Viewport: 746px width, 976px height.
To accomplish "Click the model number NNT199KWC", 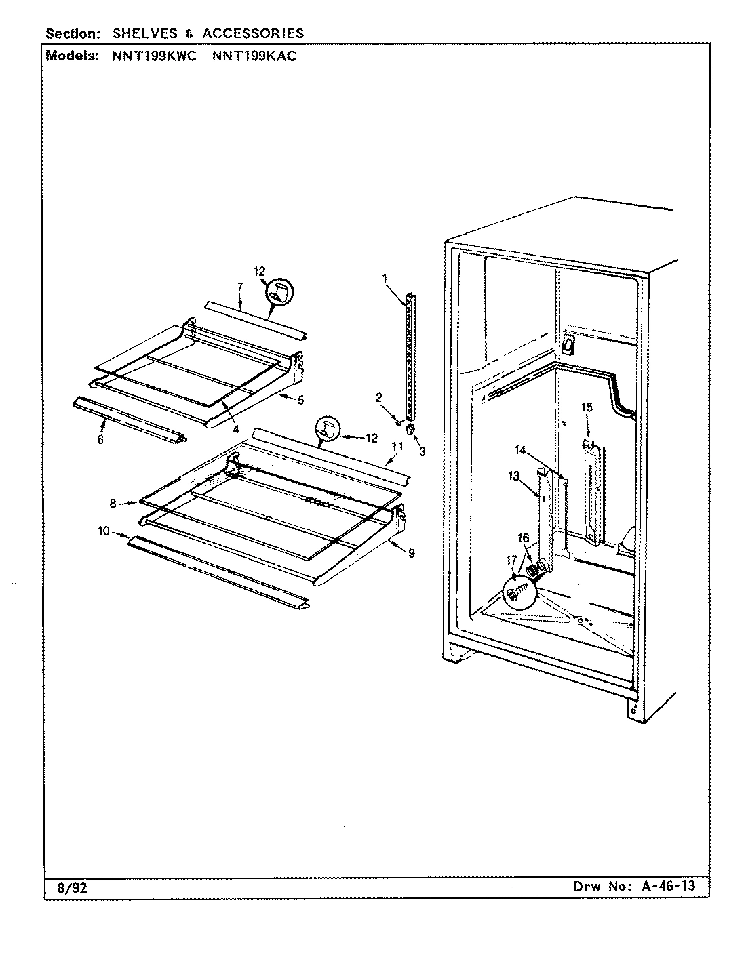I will (154, 56).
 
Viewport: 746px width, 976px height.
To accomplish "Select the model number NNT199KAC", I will (254, 56).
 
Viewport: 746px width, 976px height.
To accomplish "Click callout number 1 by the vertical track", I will (385, 278).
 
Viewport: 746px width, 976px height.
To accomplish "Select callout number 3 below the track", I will (422, 451).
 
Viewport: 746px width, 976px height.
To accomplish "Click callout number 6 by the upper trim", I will (100, 440).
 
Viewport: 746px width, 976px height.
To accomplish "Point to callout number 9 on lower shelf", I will (412, 554).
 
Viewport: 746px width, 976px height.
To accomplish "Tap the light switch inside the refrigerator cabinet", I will (568, 346).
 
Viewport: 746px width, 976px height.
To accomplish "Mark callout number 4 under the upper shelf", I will (235, 428).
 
